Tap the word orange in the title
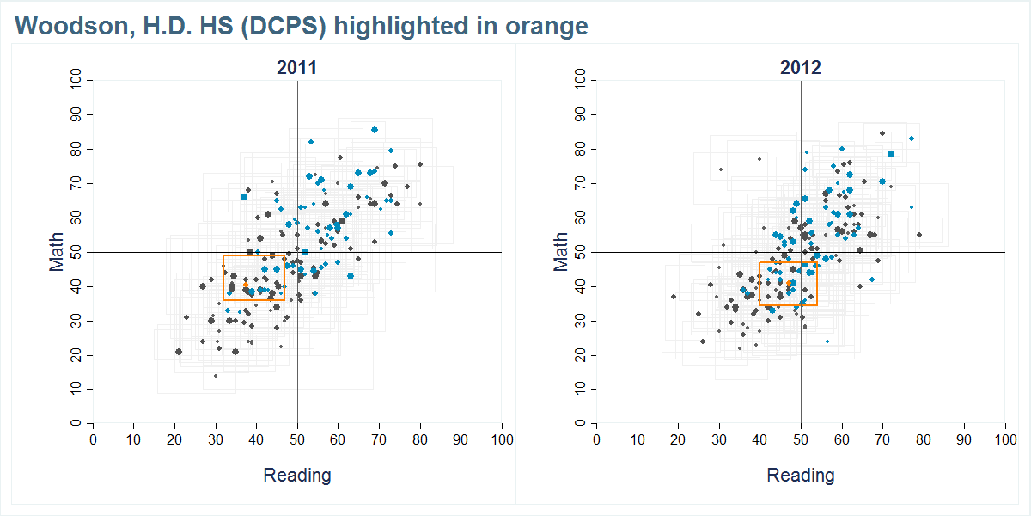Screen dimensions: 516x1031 pyautogui.click(x=546, y=27)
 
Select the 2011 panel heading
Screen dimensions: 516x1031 pyautogui.click(x=296, y=68)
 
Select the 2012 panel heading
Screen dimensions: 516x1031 pyautogui.click(x=800, y=68)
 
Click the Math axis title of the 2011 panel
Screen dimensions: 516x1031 pyautogui.click(x=57, y=252)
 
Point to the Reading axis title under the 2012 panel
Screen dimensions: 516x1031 pyautogui.click(x=800, y=476)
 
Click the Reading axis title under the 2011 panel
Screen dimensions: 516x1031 pyautogui.click(x=296, y=476)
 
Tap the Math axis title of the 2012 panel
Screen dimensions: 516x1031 pyautogui.click(x=560, y=252)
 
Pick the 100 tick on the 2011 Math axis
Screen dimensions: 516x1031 pyautogui.click(x=76, y=80)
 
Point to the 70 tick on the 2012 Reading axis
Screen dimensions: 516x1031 pyautogui.click(x=882, y=439)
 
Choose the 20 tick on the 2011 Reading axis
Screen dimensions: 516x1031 pyautogui.click(x=174, y=439)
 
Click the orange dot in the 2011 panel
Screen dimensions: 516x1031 pyautogui.click(x=246, y=284)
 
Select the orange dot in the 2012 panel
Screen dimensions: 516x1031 pyautogui.click(x=790, y=283)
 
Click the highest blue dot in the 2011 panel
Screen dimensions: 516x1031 pyautogui.click(x=375, y=130)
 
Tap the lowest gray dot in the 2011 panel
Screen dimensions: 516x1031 pyautogui.click(x=215, y=376)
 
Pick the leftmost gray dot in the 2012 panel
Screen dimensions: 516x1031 pyautogui.click(x=674, y=297)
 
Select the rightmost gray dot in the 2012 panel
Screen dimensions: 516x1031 pyautogui.click(x=919, y=235)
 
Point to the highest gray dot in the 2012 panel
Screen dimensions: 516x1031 pyautogui.click(x=882, y=133)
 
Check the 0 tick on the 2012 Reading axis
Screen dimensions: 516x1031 pyautogui.click(x=596, y=439)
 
